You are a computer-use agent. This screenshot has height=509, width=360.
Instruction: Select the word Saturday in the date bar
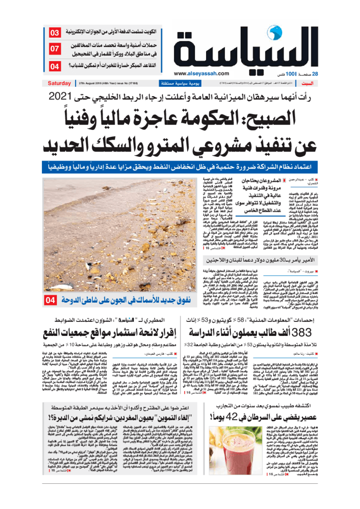click(x=59, y=83)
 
